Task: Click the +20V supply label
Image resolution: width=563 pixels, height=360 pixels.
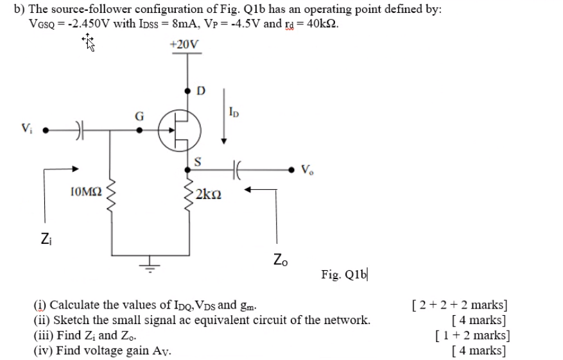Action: (184, 45)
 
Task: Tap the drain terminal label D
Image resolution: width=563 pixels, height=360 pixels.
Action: (200, 90)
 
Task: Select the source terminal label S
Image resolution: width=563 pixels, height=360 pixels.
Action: (198, 161)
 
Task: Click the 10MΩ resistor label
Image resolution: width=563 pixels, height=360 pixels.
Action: (85, 191)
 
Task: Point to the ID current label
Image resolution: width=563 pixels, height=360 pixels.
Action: (234, 114)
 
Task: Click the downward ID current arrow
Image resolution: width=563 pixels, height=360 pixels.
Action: (224, 116)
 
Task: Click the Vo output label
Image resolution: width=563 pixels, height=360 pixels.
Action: (307, 171)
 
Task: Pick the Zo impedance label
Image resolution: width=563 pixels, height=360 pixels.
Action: (281, 259)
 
